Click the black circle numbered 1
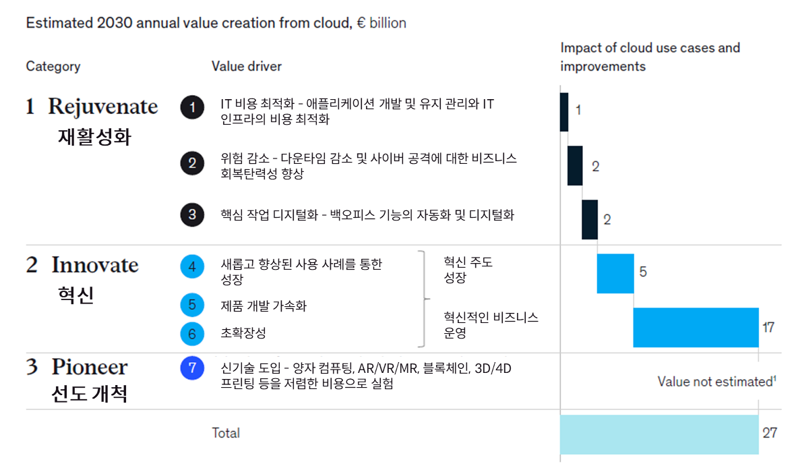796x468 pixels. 193,108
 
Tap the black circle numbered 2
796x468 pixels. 193,163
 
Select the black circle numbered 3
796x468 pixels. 193,215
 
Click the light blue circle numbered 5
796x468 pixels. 193,305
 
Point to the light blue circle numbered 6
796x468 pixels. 193,334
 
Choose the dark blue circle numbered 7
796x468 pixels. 193,368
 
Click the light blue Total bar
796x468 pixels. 659,434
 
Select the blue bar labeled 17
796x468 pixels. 695,327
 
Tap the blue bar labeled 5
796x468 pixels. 615,273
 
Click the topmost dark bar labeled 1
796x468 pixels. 564,111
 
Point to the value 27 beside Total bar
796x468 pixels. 770,433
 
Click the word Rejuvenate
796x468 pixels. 103,107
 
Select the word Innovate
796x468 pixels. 95,265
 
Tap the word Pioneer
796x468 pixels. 90,368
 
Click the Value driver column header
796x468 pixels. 247,66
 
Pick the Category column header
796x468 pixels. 53,66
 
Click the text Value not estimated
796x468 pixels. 714,382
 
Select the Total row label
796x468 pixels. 226,433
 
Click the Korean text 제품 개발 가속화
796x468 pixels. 264,306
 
